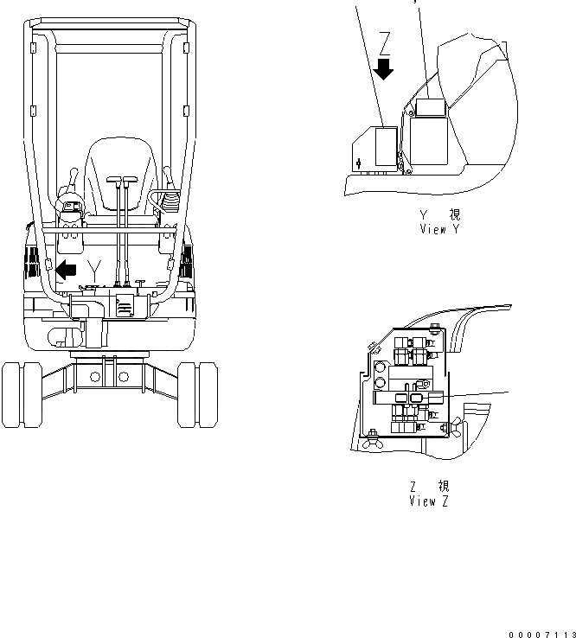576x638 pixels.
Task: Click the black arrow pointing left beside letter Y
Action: [65, 269]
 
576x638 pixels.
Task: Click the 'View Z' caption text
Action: [428, 501]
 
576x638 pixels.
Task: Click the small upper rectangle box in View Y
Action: [429, 107]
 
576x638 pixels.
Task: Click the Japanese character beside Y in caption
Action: [454, 216]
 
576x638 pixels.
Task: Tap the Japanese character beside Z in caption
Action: [443, 488]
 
